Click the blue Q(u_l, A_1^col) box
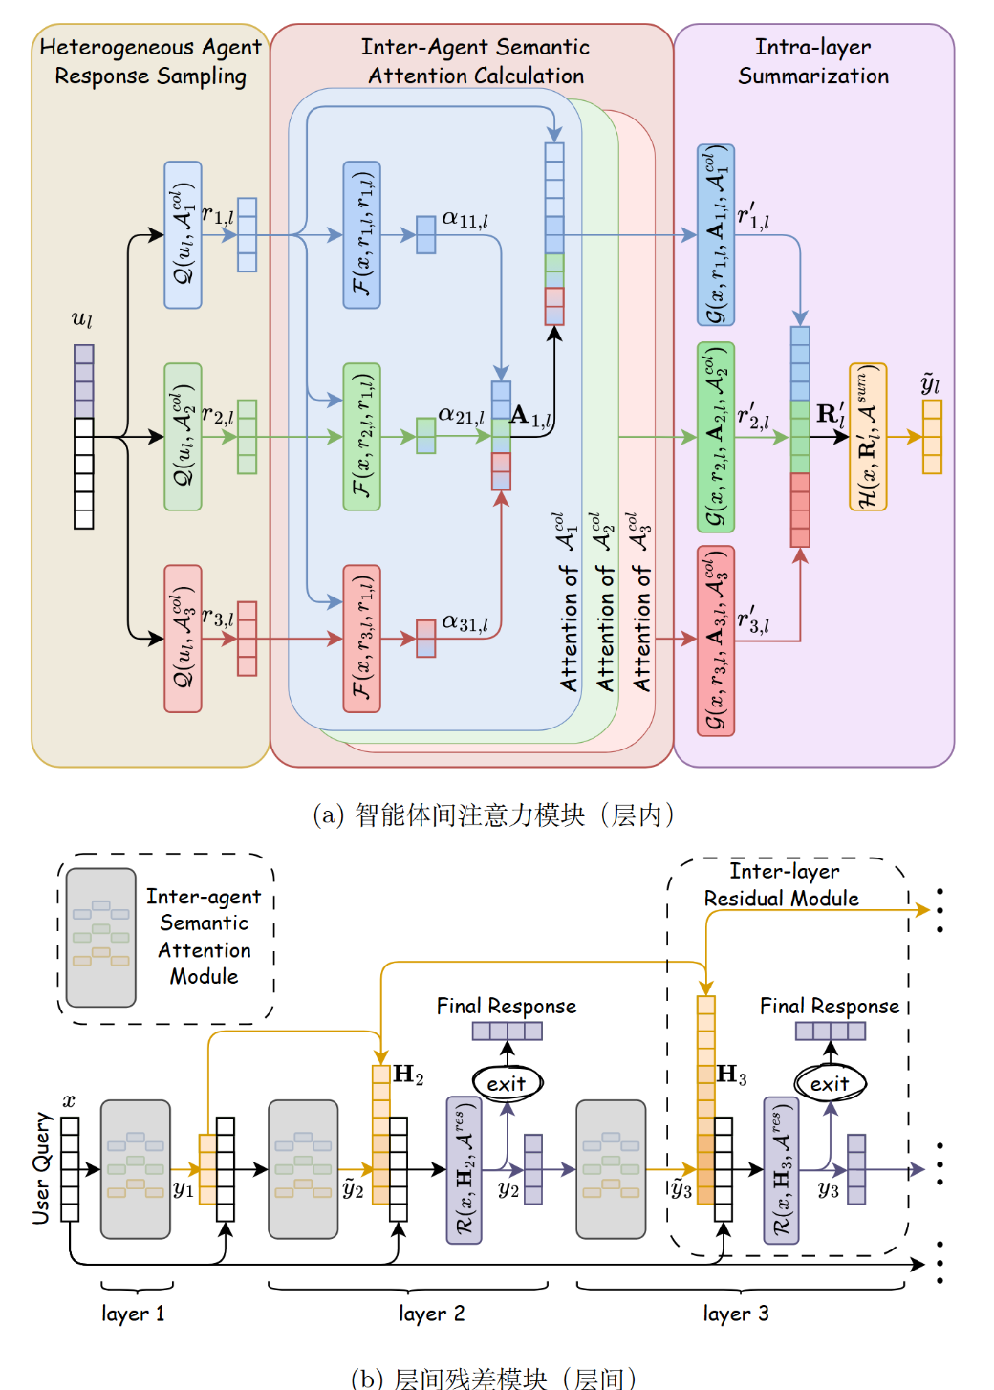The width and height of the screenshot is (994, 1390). coord(183,235)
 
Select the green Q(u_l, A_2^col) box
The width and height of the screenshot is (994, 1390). coord(183,437)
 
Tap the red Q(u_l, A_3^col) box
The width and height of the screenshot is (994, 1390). coord(183,639)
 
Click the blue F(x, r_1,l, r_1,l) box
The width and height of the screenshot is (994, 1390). coord(361,235)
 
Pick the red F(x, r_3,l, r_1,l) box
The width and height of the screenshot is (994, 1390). coord(361,639)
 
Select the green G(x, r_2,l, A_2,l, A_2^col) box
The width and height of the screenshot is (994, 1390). coord(716,437)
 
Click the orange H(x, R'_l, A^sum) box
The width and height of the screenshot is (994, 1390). coord(868,437)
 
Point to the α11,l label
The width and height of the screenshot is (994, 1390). coord(465,219)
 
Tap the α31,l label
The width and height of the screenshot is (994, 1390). coord(465,622)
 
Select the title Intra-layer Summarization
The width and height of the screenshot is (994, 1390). coord(813,61)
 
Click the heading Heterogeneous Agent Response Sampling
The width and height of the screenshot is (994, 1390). coord(150,61)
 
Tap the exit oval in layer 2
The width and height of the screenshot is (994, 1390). coord(507,1083)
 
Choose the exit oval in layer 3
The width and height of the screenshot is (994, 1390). coord(830,1083)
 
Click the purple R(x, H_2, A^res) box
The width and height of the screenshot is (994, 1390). coord(464,1170)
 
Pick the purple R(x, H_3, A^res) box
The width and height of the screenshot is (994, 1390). coord(781,1170)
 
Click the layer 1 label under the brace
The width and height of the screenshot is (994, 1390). coord(133,1314)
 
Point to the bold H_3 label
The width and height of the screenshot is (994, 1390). coord(731,1075)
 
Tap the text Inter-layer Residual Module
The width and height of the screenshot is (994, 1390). coord(783,884)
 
